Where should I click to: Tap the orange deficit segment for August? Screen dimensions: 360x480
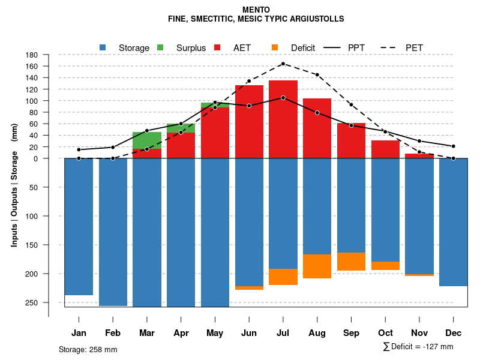tap(317, 266)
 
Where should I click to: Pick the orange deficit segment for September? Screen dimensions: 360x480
tap(352, 262)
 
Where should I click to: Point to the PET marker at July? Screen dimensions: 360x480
tap(283, 64)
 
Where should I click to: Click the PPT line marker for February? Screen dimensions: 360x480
tap(113, 147)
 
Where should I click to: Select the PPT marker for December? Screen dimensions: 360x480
tap(454, 146)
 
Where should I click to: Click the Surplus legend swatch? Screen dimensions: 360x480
tap(160, 47)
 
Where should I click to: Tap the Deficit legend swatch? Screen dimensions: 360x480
tap(275, 47)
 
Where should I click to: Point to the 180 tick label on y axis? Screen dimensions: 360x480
tap(48, 55)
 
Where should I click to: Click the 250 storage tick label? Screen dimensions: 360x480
tap(48, 302)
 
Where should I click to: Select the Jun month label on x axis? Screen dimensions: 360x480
tap(249, 333)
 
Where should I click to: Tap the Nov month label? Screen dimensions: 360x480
tap(419, 333)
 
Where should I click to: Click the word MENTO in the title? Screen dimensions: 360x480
tap(256, 10)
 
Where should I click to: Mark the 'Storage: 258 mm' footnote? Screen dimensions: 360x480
tap(88, 349)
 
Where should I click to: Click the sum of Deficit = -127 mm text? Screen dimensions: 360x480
tap(418, 347)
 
